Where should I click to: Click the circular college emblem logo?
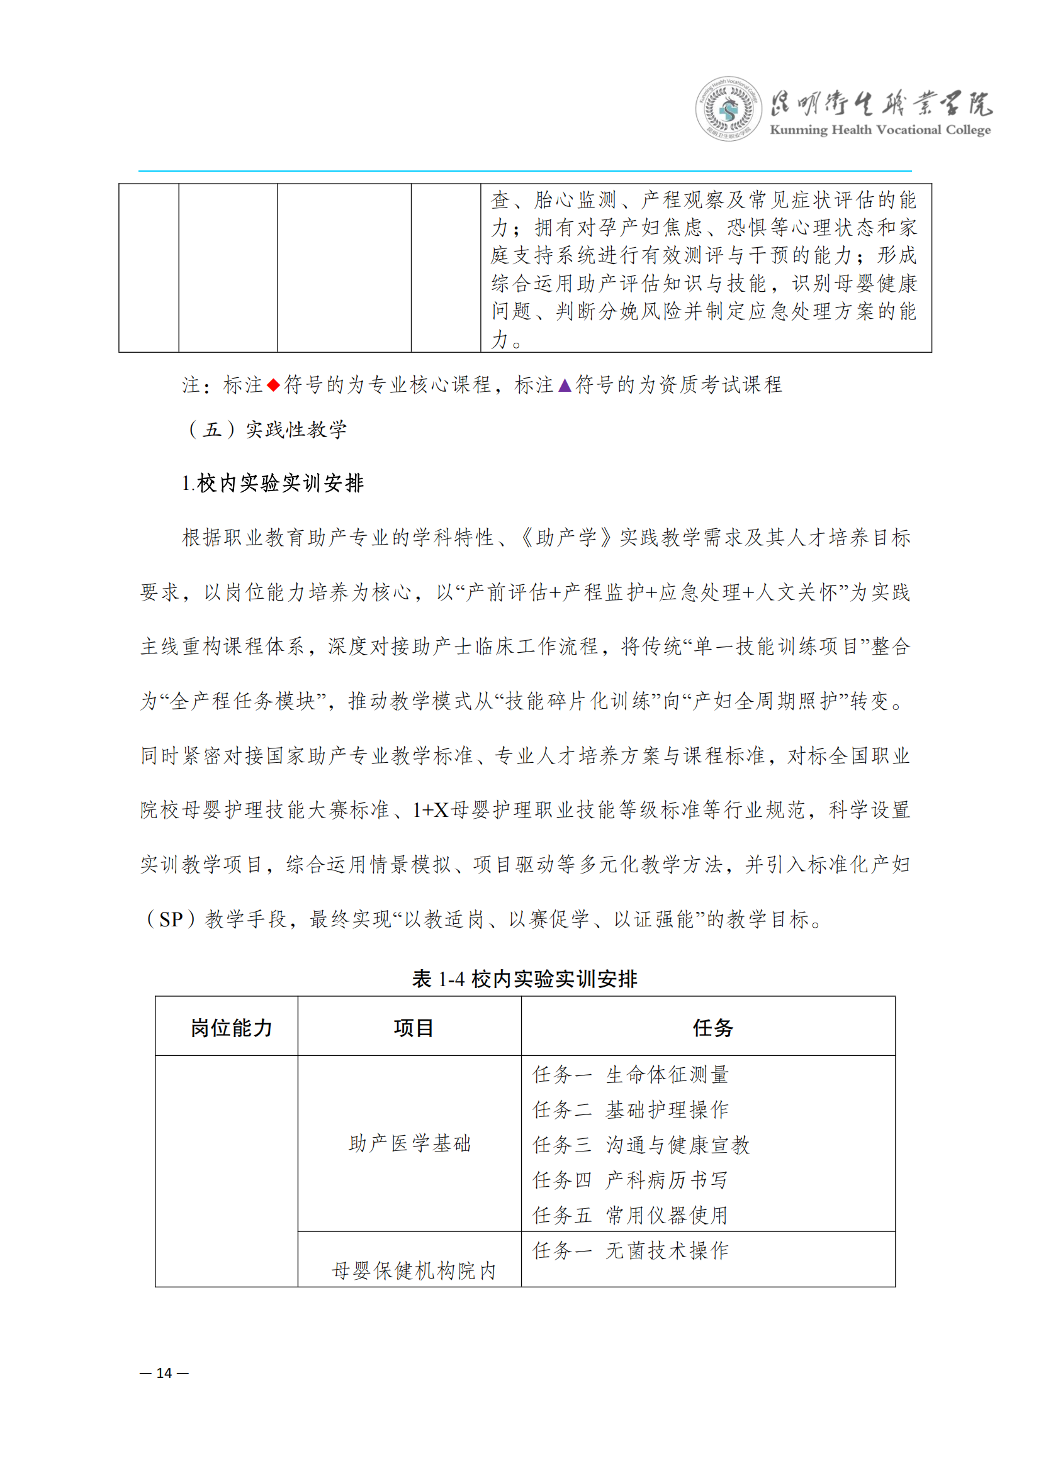point(728,109)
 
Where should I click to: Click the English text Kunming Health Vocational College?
point(879,130)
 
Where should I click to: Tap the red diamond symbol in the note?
point(274,385)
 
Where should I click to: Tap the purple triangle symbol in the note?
point(565,385)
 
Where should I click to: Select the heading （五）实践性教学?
point(267,430)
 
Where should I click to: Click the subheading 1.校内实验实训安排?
point(273,483)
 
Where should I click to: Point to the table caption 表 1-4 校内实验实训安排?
point(524,979)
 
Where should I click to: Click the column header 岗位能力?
point(232,1028)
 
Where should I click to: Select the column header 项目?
point(414,1028)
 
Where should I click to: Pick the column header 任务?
point(713,1028)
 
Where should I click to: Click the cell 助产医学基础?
point(410,1143)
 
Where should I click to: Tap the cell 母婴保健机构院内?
point(414,1270)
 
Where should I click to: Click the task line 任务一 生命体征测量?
point(631,1074)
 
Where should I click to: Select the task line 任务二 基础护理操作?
point(631,1109)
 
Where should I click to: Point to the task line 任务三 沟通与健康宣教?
point(641,1145)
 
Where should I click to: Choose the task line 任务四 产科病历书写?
point(631,1180)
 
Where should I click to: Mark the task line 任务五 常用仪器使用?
point(631,1216)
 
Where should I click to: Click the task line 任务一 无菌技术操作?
point(631,1251)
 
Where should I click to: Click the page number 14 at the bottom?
point(164,1373)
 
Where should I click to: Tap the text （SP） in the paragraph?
point(171,920)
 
